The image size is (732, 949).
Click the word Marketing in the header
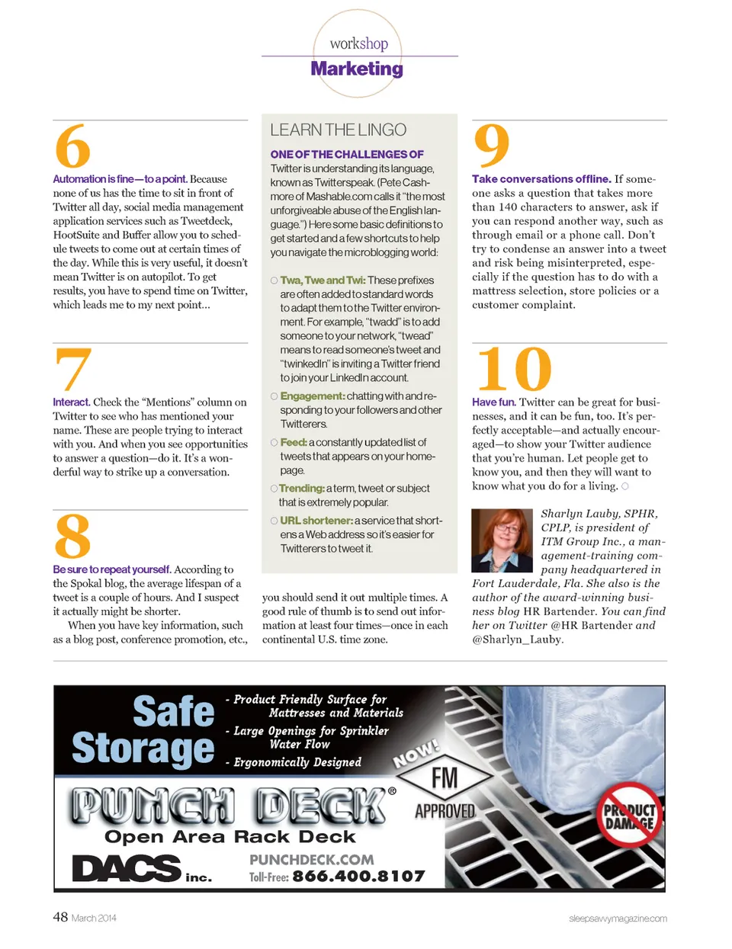click(357, 69)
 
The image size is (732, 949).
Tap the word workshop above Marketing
click(358, 43)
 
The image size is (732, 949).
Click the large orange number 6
click(72, 146)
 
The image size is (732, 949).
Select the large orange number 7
click(73, 369)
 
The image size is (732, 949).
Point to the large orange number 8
click(72, 537)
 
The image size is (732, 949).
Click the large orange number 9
click(492, 145)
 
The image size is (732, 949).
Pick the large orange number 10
click(513, 370)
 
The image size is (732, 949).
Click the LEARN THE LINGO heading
click(338, 130)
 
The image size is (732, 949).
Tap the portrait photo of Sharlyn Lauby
click(502, 540)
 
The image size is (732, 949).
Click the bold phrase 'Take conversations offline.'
click(541, 179)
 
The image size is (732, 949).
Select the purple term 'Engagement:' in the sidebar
click(313, 396)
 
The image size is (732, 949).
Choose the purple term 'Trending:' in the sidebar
click(302, 489)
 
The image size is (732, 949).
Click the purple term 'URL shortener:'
click(316, 521)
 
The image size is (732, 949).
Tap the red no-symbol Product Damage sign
click(629, 815)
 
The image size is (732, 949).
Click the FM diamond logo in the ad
click(445, 778)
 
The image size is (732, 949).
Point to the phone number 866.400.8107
click(358, 877)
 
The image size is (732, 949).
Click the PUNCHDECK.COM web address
click(312, 860)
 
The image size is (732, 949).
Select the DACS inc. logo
click(141, 869)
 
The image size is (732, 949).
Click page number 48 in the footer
click(60, 917)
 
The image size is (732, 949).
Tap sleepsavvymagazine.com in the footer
click(618, 919)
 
